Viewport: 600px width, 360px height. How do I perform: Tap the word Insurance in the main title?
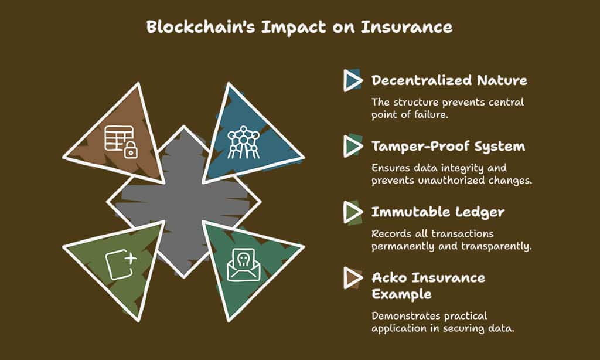pos(407,27)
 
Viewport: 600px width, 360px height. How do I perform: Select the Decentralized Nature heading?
pos(449,80)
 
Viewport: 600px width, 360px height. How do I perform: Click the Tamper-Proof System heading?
pos(448,147)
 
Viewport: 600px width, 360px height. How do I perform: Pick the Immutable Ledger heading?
pos(438,212)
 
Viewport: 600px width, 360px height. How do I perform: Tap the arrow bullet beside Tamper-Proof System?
pos(353,146)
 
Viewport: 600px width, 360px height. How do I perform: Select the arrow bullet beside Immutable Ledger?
pos(353,212)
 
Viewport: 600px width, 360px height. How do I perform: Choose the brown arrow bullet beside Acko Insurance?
pos(353,278)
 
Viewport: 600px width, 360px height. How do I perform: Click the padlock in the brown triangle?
pos(131,150)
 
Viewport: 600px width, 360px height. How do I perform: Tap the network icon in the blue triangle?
pos(243,142)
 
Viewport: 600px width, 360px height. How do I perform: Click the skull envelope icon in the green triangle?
pos(241,265)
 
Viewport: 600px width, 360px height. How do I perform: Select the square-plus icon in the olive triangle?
pos(121,264)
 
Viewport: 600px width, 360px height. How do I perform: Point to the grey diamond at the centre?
pos(183,202)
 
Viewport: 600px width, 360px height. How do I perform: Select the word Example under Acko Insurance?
pos(402,294)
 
